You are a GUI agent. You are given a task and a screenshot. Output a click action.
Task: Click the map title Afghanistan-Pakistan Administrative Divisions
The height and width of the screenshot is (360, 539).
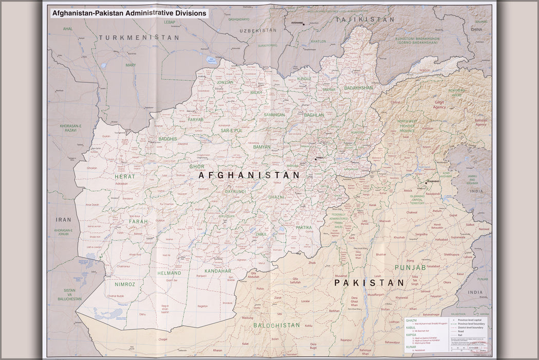coord(129,13)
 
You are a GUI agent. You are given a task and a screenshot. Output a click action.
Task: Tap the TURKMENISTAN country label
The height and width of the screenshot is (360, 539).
coord(139,38)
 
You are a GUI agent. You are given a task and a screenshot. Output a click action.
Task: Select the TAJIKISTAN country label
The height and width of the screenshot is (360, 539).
coord(365,19)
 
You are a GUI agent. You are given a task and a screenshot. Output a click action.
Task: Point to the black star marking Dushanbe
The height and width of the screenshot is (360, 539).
coord(304,24)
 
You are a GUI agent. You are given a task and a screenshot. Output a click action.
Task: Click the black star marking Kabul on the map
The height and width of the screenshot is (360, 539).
coord(315,159)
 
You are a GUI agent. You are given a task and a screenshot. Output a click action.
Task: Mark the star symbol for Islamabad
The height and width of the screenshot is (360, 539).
coord(426,181)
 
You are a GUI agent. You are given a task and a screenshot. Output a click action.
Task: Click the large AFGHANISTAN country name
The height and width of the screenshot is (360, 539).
coord(249,175)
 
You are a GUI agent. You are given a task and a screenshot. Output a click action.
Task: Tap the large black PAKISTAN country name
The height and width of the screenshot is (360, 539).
coord(369,283)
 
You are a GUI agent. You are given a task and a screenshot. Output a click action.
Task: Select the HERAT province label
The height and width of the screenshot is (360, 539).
coord(125,176)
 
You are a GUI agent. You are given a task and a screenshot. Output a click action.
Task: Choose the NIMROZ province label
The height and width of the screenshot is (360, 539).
coord(125,284)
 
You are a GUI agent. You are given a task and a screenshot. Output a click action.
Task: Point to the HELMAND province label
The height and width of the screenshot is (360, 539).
coord(170,273)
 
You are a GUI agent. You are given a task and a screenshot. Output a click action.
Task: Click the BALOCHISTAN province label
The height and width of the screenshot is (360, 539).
coord(276,325)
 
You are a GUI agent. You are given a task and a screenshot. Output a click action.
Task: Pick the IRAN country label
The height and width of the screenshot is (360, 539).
coord(63,220)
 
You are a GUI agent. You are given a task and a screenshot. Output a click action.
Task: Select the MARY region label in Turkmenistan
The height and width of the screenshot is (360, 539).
coord(131,65)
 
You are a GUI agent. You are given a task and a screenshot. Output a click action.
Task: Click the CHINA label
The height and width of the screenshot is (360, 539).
coord(476,30)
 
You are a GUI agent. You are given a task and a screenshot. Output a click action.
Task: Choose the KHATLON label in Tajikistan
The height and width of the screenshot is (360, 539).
coord(318,41)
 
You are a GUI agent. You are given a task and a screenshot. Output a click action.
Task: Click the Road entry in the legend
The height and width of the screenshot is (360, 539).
coord(462,331)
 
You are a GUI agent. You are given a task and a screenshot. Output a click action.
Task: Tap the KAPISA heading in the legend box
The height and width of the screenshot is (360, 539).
coord(411,334)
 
